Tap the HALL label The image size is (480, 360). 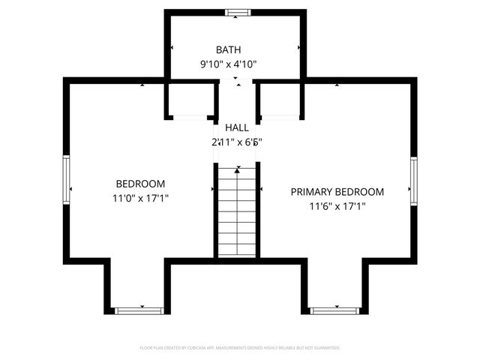[236, 127]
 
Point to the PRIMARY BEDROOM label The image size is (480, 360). [337, 192]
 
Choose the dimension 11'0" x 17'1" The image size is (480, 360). [140, 199]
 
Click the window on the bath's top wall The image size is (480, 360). [236, 12]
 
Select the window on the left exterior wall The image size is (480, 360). [66, 179]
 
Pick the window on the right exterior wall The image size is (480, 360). [413, 181]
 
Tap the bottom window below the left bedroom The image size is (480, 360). [139, 310]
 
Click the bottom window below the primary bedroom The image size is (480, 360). [334, 310]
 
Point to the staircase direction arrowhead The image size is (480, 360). [237, 171]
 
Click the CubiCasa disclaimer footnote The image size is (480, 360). [240, 348]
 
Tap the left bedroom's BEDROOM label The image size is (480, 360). [140, 184]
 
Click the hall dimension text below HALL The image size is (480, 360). [236, 141]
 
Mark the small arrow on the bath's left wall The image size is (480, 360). [172, 47]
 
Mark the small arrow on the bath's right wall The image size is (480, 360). [299, 47]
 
